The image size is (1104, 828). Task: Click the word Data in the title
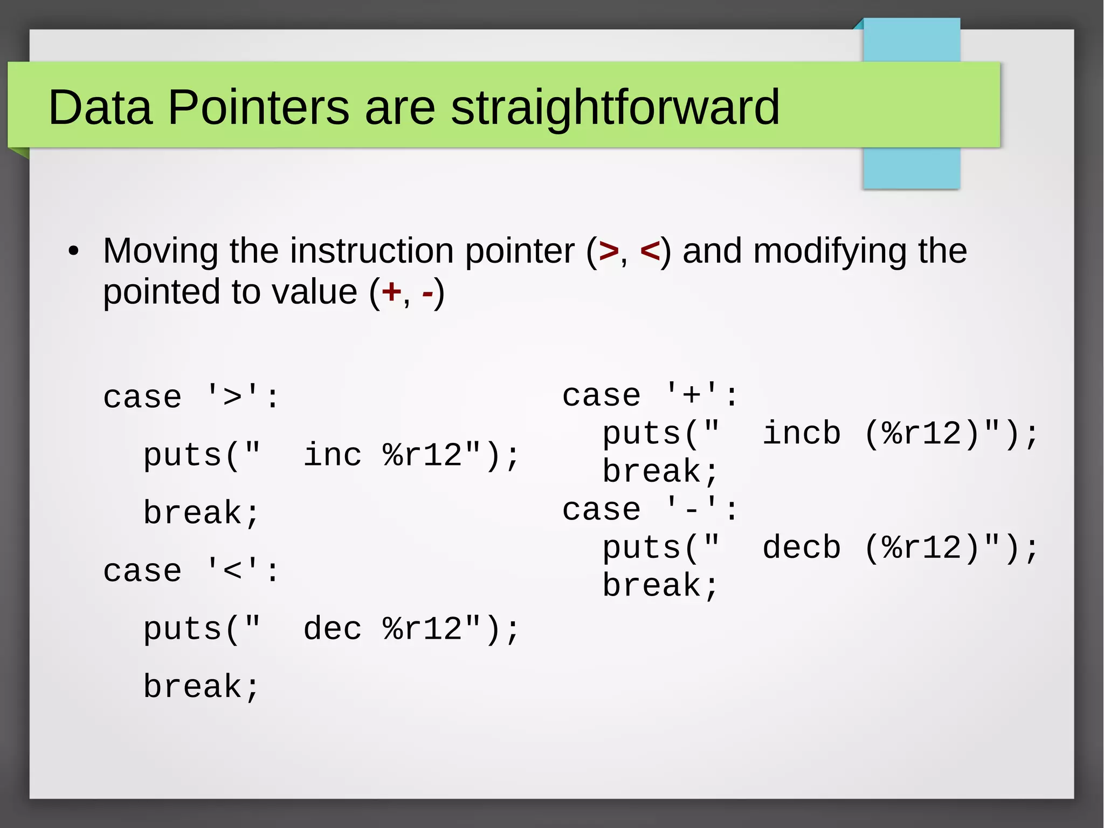(100, 107)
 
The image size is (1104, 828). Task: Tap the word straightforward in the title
(615, 107)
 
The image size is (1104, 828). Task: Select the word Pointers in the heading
(259, 107)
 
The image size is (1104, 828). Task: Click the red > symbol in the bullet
(608, 251)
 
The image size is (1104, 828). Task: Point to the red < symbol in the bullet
(650, 251)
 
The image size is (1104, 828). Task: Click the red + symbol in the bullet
(391, 293)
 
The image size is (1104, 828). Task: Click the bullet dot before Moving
(74, 251)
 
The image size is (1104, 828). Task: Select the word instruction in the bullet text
(372, 251)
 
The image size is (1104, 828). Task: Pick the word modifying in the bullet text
(830, 252)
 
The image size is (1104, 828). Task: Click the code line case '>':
(191, 398)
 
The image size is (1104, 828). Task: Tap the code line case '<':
(191, 571)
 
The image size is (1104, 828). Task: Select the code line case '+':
(650, 395)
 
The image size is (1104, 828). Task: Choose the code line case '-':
(650, 510)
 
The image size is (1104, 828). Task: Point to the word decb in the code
(802, 548)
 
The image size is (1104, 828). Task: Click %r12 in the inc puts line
(423, 455)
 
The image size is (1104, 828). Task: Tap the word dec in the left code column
(332, 629)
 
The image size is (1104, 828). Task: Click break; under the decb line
(660, 586)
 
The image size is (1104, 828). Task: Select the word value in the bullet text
(314, 292)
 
